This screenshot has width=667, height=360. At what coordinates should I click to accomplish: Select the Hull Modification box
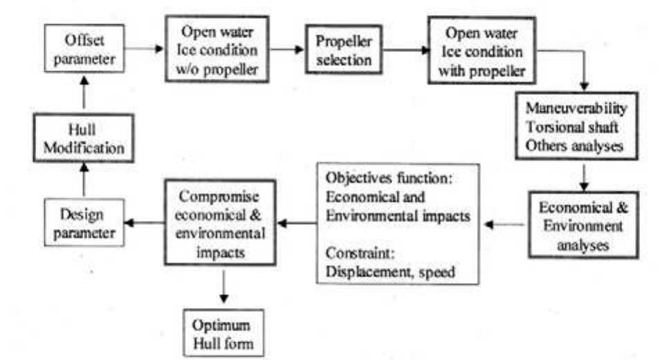(x=82, y=138)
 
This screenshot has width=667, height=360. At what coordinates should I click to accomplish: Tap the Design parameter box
(x=84, y=223)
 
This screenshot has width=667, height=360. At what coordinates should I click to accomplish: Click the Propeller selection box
(x=344, y=51)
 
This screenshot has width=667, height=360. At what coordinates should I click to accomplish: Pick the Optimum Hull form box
(x=223, y=334)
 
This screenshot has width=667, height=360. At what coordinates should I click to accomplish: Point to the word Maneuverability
(x=576, y=109)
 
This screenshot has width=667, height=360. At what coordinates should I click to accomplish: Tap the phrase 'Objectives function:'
(x=388, y=178)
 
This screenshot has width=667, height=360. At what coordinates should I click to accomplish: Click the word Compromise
(x=219, y=197)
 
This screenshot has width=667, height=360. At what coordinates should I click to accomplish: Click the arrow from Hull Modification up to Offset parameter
(x=84, y=93)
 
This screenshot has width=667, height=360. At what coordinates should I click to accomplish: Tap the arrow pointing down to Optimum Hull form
(x=223, y=287)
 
